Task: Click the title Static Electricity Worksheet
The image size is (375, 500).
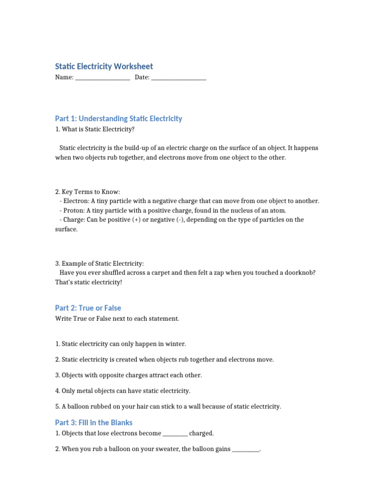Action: pos(104,66)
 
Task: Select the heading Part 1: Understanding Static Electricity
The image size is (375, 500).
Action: pos(119,119)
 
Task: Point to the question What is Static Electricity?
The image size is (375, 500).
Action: pos(95,129)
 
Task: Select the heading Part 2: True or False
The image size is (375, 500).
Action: pos(88,308)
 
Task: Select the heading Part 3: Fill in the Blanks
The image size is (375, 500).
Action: pos(94,423)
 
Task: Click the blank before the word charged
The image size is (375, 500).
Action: pos(175,434)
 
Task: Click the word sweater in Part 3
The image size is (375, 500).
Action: pos(167,449)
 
